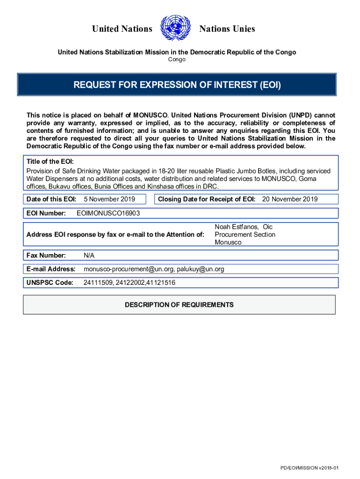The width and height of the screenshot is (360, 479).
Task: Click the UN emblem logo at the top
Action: (176, 29)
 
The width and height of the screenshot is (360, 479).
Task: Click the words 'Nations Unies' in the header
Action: (227, 29)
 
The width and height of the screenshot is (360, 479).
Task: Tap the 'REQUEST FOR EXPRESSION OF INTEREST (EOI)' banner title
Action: (177, 85)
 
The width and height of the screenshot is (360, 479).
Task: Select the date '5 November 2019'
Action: (109, 199)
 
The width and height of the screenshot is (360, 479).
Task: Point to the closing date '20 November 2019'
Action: (290, 199)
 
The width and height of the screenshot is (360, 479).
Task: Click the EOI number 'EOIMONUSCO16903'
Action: (108, 213)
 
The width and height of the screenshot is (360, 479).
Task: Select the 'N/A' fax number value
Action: (89, 255)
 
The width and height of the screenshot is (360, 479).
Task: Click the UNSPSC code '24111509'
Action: (97, 283)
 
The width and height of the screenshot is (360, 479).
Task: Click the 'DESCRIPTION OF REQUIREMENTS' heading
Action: (179, 305)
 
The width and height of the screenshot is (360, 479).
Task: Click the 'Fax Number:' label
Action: (46, 255)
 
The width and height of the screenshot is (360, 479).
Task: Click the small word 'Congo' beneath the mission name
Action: (177, 59)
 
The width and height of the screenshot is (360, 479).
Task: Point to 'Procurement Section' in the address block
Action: (245, 234)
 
